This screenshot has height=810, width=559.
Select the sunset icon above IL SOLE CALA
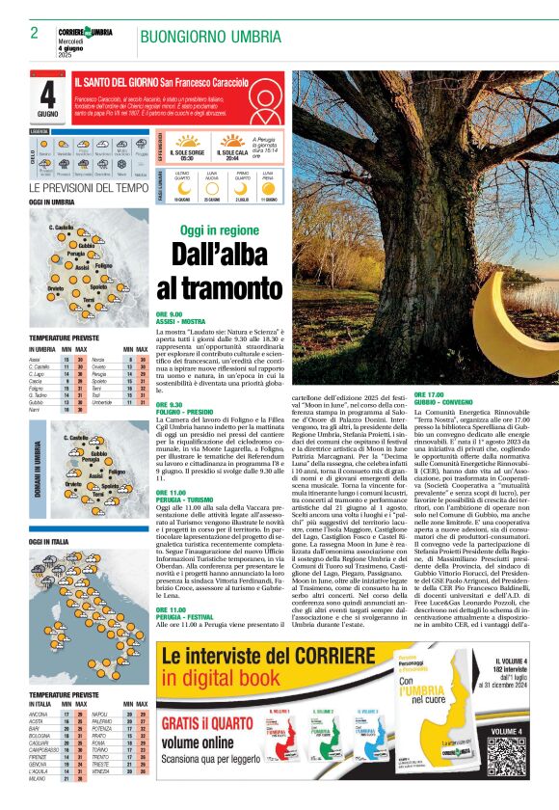coord(231,139)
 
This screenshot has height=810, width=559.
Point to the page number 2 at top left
coord(34,33)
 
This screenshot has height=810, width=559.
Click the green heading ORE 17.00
coord(429,394)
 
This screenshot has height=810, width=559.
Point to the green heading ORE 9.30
coord(170,404)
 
